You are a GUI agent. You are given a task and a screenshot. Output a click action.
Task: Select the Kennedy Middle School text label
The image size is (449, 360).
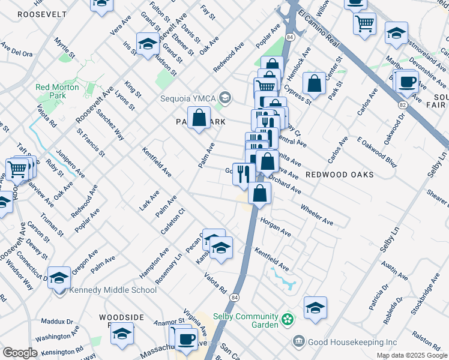coord(113,290)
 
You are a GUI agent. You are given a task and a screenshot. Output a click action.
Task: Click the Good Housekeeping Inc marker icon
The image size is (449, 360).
coord(298,342)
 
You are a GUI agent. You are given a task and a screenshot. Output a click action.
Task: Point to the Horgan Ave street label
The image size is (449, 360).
coord(276,227)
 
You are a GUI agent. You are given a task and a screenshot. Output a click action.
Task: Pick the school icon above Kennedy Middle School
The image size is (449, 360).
coord(59,277)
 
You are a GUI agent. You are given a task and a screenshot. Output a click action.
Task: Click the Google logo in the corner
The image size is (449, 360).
coord(20,353)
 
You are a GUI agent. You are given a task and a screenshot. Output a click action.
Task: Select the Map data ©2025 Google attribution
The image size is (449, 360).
coord(411,355)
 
